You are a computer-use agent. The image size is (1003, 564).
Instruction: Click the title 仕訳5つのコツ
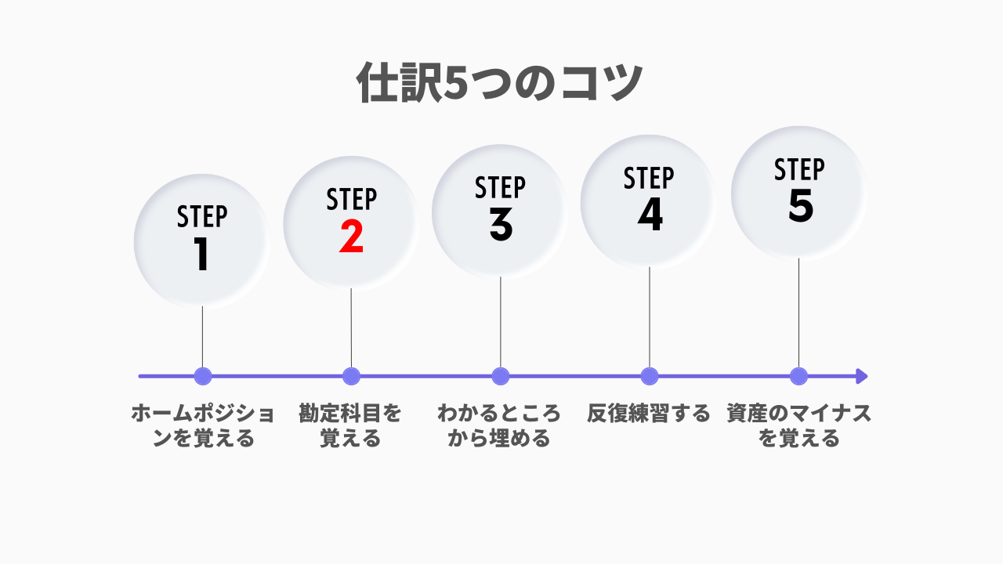pyautogui.click(x=500, y=83)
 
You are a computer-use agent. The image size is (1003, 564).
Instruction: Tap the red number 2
pyautogui.click(x=351, y=237)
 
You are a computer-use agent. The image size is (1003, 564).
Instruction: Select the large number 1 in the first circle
pyautogui.click(x=201, y=254)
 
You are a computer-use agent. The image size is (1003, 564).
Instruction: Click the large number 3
pyautogui.click(x=501, y=225)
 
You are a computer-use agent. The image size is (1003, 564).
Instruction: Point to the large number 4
pyautogui.click(x=650, y=215)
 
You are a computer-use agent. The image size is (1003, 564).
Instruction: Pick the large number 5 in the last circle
pyautogui.click(x=800, y=205)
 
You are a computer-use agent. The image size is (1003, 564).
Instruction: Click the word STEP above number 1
pyautogui.click(x=202, y=217)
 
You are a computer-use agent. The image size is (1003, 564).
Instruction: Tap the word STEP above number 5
pyautogui.click(x=799, y=169)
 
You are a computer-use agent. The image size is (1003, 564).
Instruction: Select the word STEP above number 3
pyautogui.click(x=500, y=187)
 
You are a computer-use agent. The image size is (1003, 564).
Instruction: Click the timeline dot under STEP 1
pyautogui.click(x=203, y=377)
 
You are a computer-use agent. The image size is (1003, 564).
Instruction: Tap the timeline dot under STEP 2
pyautogui.click(x=352, y=377)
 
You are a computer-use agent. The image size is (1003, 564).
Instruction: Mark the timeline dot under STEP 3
pyautogui.click(x=501, y=377)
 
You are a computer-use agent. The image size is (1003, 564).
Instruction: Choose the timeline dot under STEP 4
pyautogui.click(x=650, y=377)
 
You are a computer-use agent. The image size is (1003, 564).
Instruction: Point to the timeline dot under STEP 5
pyautogui.click(x=798, y=377)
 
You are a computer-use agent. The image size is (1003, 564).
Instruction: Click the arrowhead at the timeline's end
pyautogui.click(x=861, y=377)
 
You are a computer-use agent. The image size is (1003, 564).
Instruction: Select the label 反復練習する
pyautogui.click(x=649, y=413)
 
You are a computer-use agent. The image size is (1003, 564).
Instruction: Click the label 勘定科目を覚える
pyautogui.click(x=350, y=425)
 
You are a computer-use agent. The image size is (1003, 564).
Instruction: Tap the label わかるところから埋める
pyautogui.click(x=499, y=425)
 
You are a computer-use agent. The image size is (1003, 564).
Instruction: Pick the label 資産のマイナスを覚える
pyautogui.click(x=798, y=425)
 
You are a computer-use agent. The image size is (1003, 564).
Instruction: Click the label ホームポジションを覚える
pyautogui.click(x=203, y=425)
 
